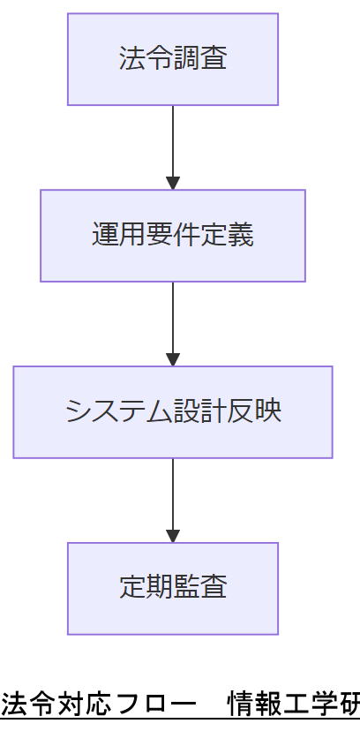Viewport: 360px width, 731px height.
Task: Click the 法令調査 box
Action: point(173,59)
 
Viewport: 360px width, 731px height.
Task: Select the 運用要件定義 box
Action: point(173,236)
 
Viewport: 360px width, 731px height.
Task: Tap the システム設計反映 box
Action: point(173,412)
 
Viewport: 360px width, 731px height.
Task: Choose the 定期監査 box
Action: point(173,588)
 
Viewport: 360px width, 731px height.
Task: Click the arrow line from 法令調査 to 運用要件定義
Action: point(173,141)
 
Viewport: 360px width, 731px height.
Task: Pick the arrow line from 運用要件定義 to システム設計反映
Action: point(173,318)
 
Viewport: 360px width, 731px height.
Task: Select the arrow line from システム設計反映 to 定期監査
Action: point(173,494)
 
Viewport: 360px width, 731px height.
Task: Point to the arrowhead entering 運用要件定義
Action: point(173,184)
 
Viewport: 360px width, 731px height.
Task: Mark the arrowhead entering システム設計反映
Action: point(173,360)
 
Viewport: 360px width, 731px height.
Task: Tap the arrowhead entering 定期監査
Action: point(173,537)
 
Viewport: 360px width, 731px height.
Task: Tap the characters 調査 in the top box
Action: point(200,59)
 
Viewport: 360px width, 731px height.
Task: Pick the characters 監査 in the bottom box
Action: point(200,588)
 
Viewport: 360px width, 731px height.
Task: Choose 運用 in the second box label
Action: point(112,236)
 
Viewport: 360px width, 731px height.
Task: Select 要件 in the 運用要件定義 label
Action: point(173,236)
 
